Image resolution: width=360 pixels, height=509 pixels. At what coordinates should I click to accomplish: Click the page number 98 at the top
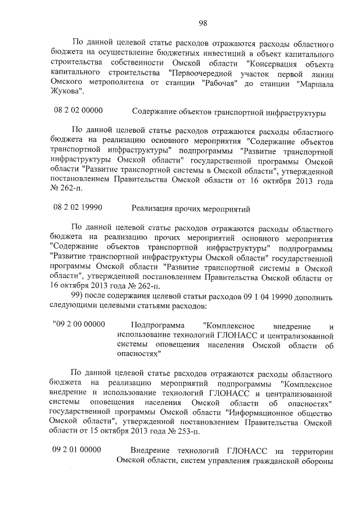point(203,22)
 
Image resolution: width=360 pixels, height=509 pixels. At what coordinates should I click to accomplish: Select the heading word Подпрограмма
point(155,325)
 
